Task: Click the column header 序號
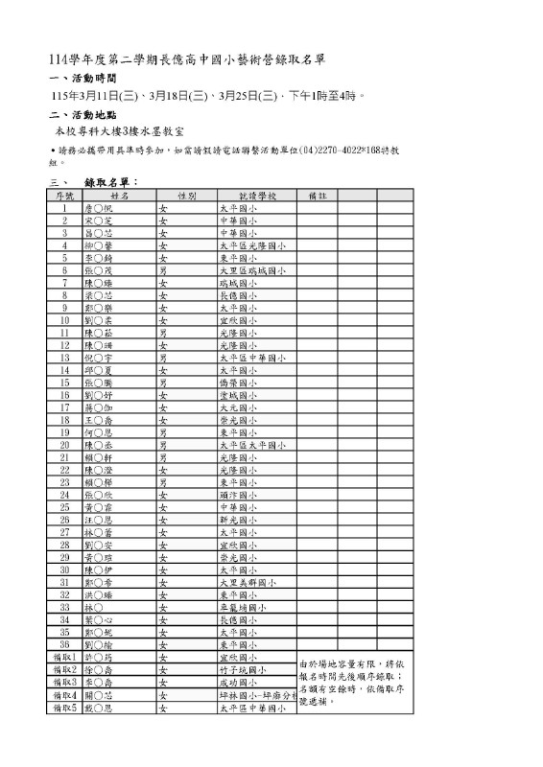(64, 195)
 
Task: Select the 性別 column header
(187, 195)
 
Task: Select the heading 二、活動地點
(82, 114)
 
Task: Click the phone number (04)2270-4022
(332, 151)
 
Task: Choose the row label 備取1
(64, 658)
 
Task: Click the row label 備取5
(64, 708)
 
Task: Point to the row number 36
(64, 644)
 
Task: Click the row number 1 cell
(64, 207)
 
